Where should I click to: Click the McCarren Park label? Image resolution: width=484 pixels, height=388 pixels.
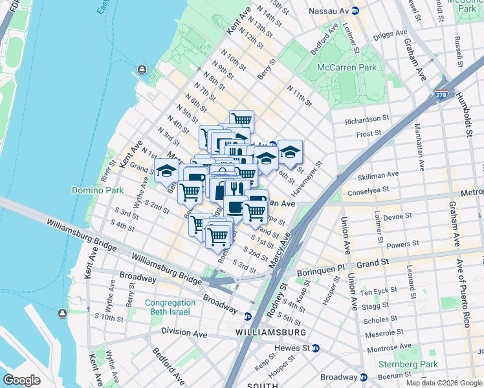click(346, 67)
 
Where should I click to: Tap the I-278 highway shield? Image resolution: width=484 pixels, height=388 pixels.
click(443, 94)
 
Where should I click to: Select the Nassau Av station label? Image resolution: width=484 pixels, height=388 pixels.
click(329, 11)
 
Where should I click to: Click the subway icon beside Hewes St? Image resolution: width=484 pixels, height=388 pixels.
click(315, 348)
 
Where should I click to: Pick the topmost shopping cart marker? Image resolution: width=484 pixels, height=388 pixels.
click(241, 120)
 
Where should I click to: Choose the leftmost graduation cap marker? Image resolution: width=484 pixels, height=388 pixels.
click(166, 170)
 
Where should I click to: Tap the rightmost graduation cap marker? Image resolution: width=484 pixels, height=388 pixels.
click(291, 151)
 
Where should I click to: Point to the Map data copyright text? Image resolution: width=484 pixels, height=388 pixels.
click(442, 383)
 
